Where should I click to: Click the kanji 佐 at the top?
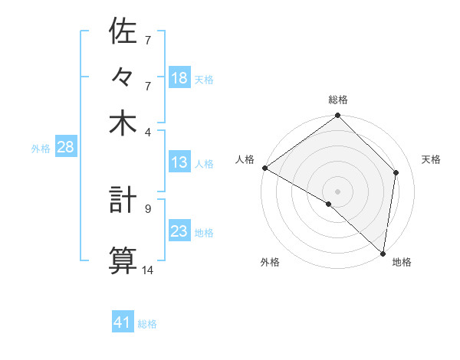pyautogui.click(x=123, y=31)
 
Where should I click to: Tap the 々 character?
pyautogui.click(x=123, y=77)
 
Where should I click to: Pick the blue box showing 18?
pyautogui.click(x=179, y=78)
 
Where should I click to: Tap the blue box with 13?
pyautogui.click(x=179, y=163)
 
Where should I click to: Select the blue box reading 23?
pyautogui.click(x=179, y=231)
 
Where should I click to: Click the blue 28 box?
pyautogui.click(x=65, y=148)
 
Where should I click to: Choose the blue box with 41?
pyautogui.click(x=123, y=322)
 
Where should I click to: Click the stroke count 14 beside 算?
pyautogui.click(x=148, y=270)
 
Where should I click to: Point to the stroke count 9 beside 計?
pyautogui.click(x=147, y=208)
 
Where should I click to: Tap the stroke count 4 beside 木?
pyautogui.click(x=147, y=131)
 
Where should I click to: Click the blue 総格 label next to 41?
pyautogui.click(x=147, y=324)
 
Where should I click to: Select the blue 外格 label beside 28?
pyautogui.click(x=41, y=149)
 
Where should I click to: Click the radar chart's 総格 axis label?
pyautogui.click(x=338, y=100)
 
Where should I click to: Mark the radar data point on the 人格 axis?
pyautogui.click(x=264, y=168)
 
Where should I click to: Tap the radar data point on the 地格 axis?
pyautogui.click(x=382, y=253)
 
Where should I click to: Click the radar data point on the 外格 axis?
pyautogui.click(x=329, y=204)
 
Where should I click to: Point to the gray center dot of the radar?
pyautogui.click(x=338, y=191)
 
